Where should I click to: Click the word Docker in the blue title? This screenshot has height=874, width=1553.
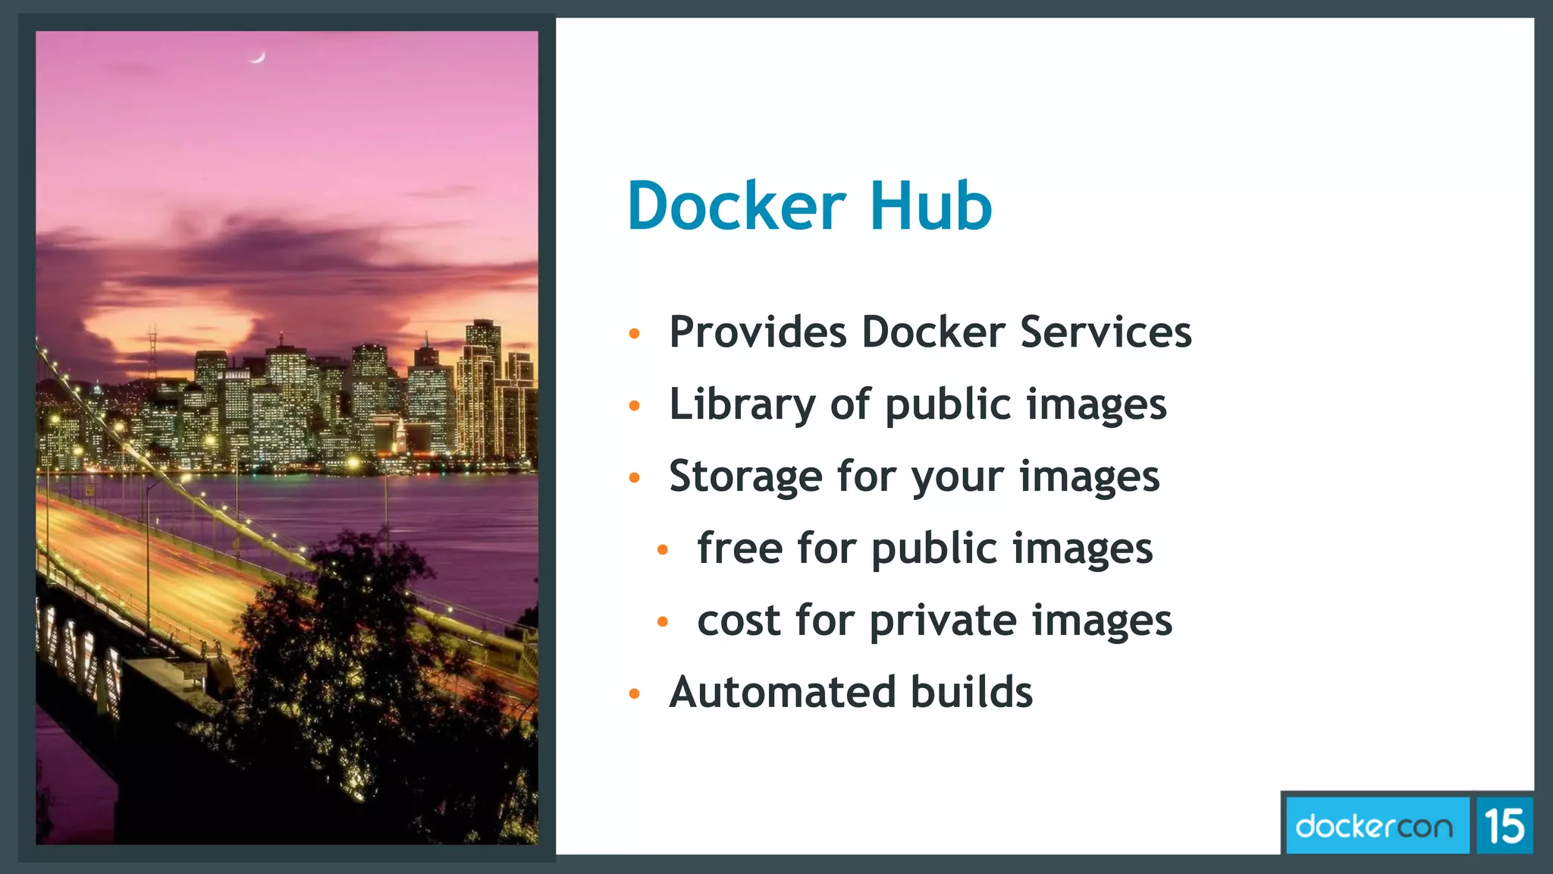coord(736,206)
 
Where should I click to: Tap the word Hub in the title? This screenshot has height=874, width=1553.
coord(930,206)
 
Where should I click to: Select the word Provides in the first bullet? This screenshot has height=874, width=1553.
coord(758,332)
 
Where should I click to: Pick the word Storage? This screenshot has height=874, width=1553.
coord(745,477)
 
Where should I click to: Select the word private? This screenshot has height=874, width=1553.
coord(943,622)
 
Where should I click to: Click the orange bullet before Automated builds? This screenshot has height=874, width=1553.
coord(635,693)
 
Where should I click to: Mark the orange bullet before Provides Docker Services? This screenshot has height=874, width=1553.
coord(635,334)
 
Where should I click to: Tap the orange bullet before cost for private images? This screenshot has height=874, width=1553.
coord(663,622)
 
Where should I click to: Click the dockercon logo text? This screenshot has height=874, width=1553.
coord(1374,826)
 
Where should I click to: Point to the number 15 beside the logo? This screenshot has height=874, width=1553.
coord(1504,826)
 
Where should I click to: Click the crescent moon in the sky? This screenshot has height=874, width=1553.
coord(258,57)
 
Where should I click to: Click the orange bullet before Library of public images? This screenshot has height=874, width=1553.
coord(635,406)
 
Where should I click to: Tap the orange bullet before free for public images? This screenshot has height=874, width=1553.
coord(663,549)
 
